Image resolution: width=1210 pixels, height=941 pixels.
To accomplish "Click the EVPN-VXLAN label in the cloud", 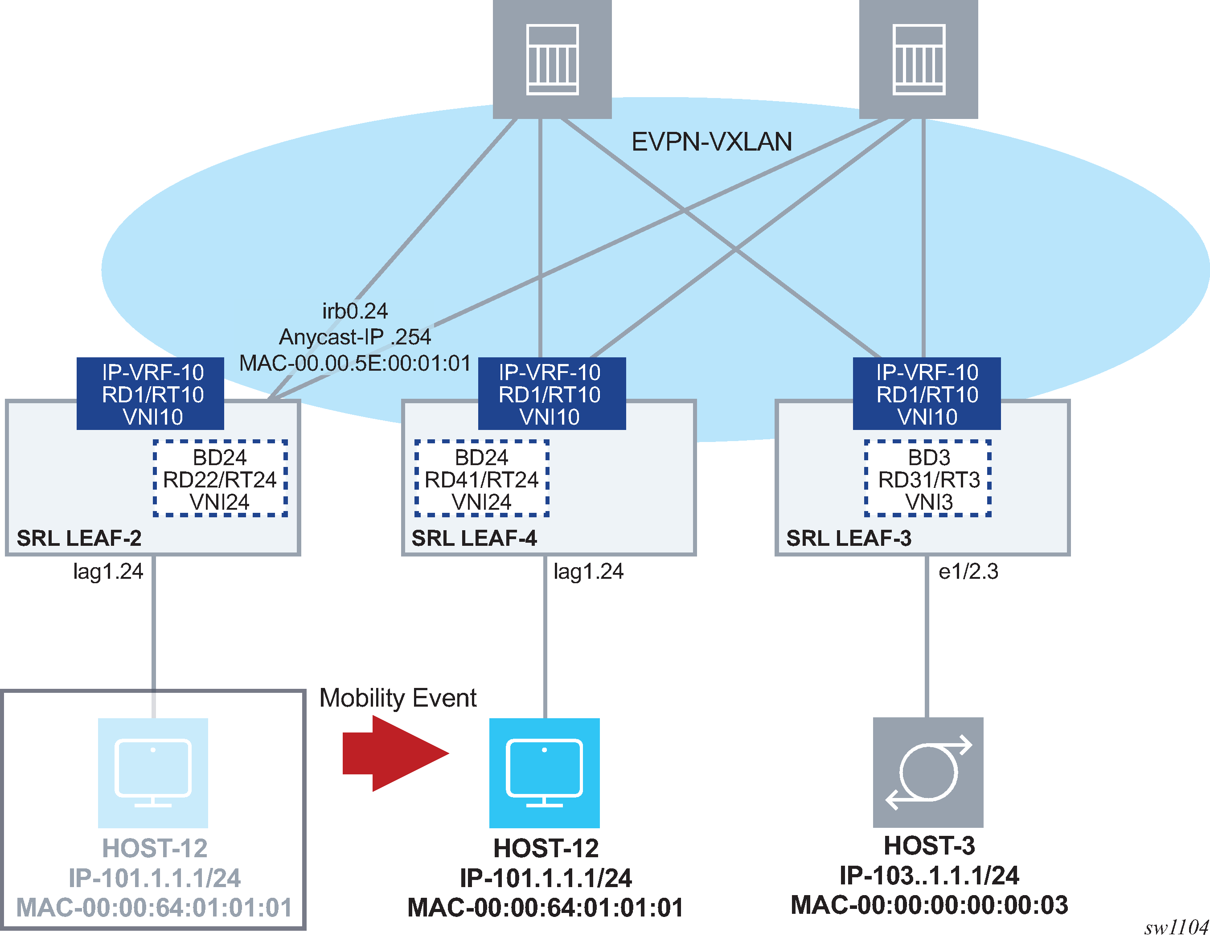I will tap(711, 142).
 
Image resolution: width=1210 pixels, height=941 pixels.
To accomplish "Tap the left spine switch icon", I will tap(552, 59).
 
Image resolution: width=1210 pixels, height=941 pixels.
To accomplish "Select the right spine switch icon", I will tap(918, 59).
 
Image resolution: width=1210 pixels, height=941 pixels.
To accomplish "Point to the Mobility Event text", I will tap(398, 698).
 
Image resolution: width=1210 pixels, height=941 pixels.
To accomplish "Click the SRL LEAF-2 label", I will tap(79, 538).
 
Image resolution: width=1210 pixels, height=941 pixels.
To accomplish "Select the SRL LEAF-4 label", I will tap(474, 538).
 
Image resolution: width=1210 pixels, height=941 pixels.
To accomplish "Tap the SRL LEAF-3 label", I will tap(849, 538).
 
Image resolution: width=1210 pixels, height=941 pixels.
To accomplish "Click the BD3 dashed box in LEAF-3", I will tap(928, 479).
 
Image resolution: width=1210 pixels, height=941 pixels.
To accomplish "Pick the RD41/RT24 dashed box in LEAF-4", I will tap(481, 479).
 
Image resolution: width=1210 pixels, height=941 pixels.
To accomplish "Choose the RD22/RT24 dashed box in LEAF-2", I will tap(220, 479).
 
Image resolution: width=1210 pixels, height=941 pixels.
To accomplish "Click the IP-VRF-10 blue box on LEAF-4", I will tap(551, 394).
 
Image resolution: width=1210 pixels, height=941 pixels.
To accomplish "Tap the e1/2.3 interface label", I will tap(968, 572).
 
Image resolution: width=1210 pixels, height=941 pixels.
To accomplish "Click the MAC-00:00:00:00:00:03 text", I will tap(929, 905).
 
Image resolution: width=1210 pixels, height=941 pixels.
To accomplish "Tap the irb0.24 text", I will tap(355, 311).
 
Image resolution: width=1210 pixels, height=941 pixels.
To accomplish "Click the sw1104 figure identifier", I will tap(1176, 928).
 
